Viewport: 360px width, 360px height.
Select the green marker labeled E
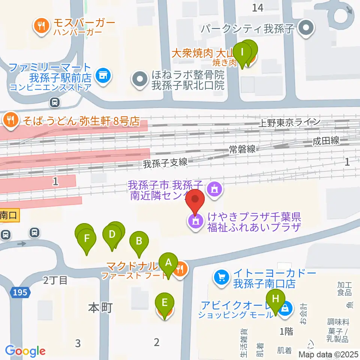165,302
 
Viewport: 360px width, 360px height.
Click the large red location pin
195,201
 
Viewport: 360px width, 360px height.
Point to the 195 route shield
19,292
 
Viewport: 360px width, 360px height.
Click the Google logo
25,351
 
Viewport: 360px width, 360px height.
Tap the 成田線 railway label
326,141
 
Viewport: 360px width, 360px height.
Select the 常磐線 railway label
242,149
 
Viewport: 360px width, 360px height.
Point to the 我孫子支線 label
165,163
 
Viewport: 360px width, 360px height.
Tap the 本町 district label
100,308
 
